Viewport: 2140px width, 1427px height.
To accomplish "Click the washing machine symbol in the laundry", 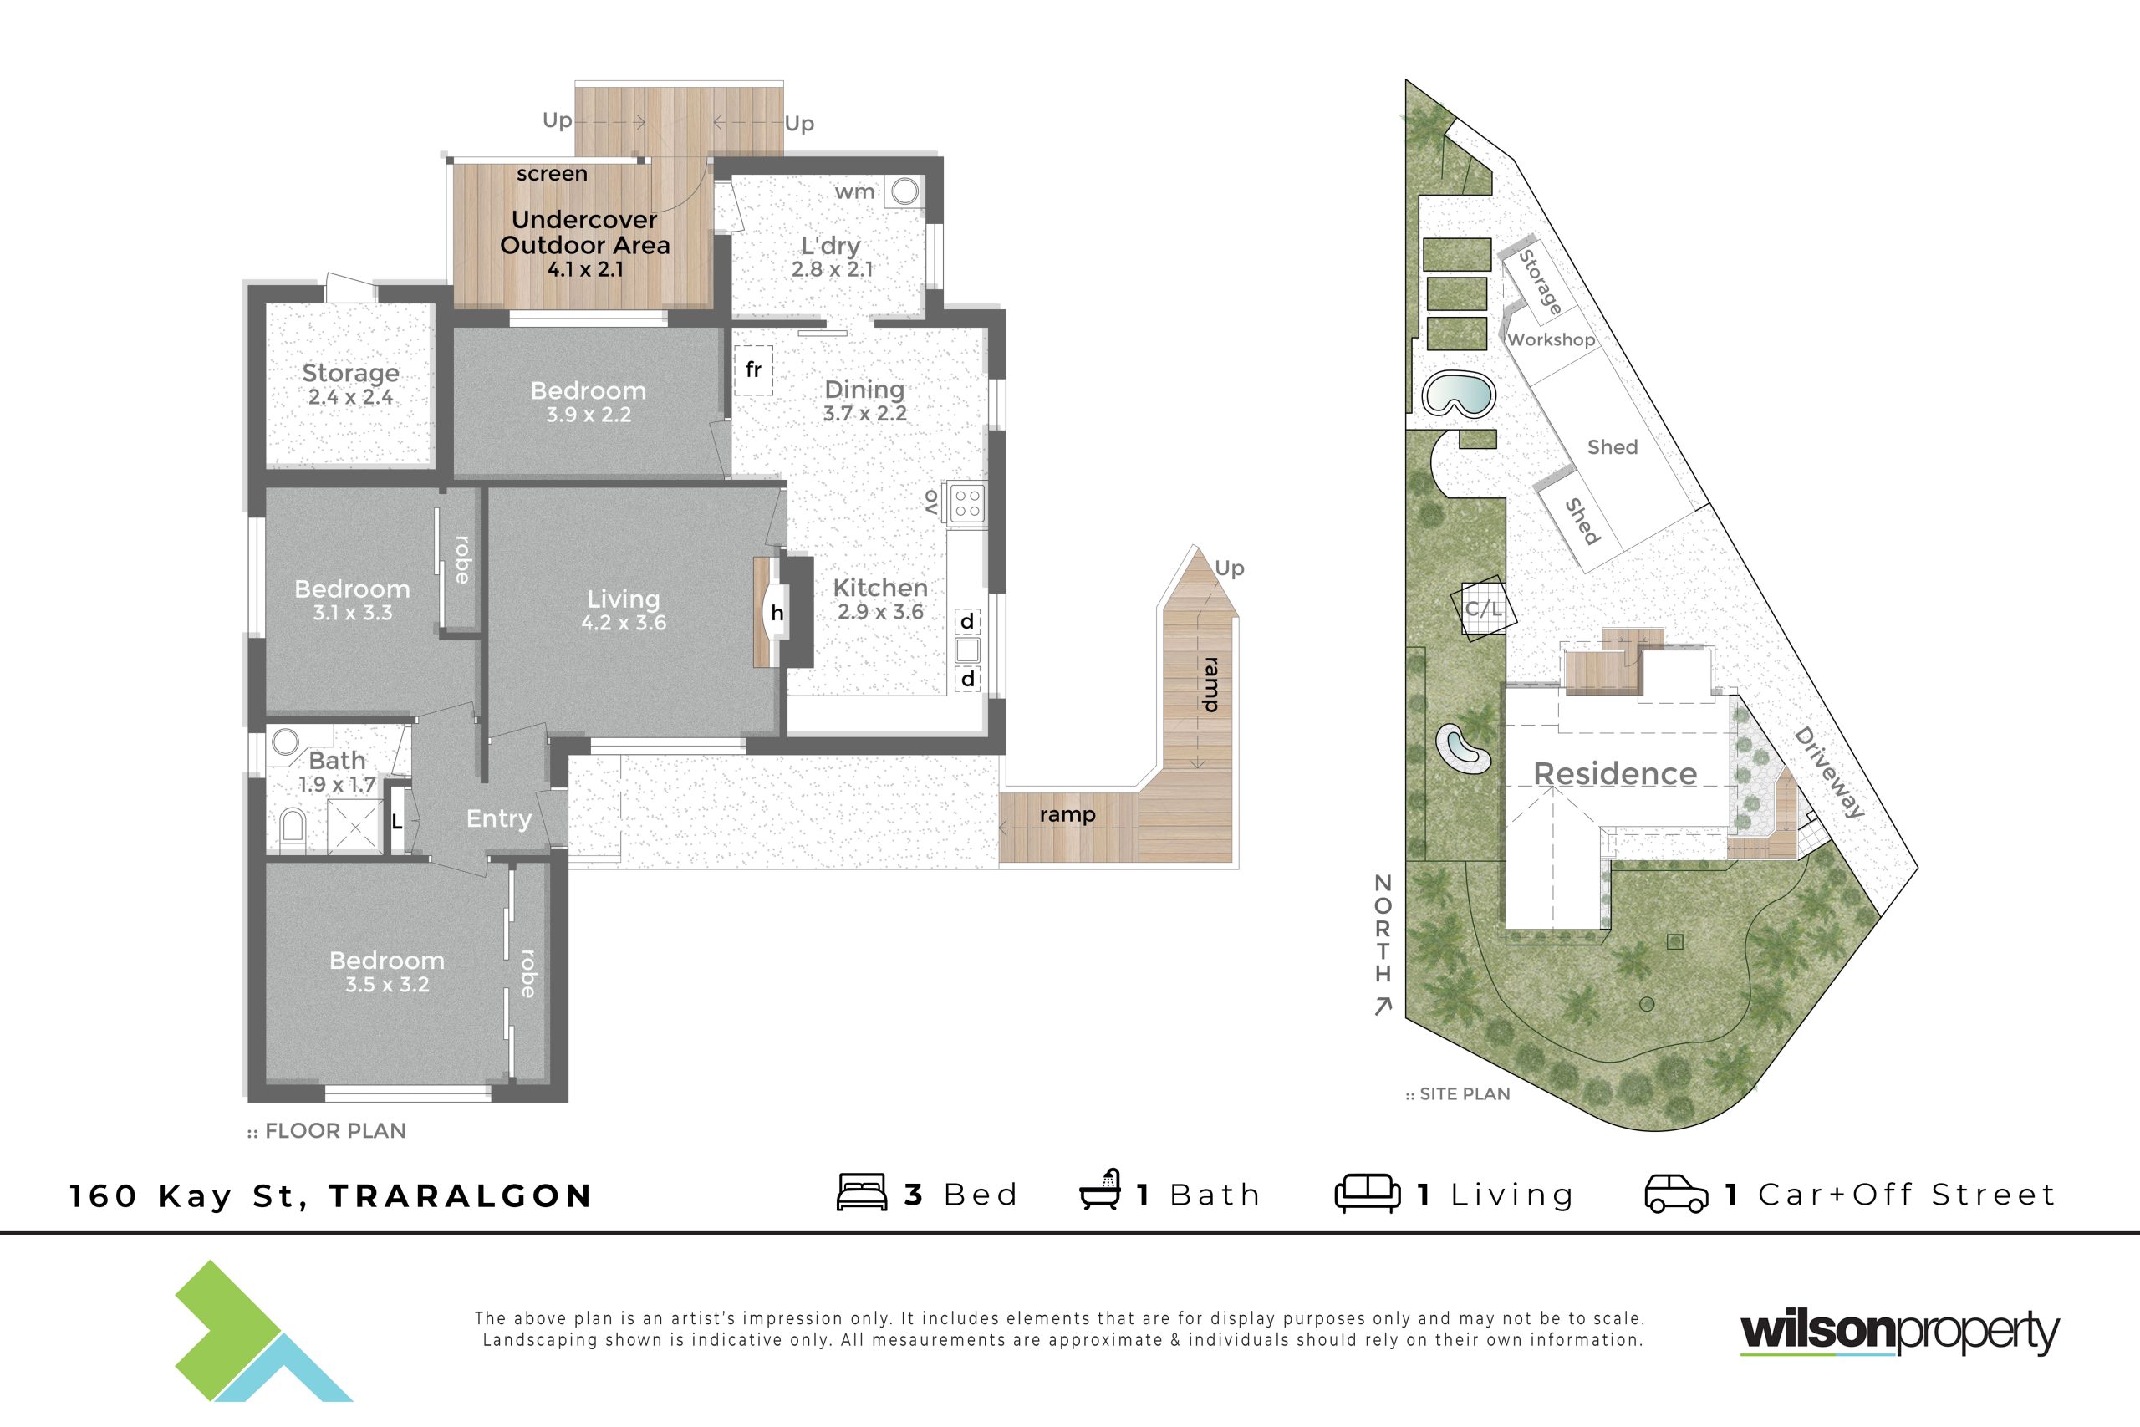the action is (904, 191).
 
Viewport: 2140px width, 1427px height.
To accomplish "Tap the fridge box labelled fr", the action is (753, 369).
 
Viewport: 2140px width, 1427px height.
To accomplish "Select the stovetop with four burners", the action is (967, 503).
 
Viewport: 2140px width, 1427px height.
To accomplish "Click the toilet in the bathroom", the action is (292, 828).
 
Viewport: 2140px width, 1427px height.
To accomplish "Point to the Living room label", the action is (624, 610).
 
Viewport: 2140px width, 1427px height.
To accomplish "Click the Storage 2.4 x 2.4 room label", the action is (350, 384).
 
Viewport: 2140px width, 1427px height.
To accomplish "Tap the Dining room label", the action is (864, 400).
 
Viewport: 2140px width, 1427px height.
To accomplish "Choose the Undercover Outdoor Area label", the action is (585, 244).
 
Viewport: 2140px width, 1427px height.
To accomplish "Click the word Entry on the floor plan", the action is (498, 819).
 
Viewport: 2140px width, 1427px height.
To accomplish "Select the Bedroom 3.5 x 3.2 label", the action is (387, 972).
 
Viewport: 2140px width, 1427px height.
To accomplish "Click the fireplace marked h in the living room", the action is (776, 613).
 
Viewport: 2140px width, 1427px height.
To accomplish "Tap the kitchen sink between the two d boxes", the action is (967, 650).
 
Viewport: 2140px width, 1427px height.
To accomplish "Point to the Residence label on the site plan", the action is (1615, 773).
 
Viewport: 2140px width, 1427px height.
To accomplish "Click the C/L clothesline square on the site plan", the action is (1483, 608).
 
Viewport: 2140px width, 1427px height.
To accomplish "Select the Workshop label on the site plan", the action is (1551, 339).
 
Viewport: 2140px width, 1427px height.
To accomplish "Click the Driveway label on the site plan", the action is (1829, 772).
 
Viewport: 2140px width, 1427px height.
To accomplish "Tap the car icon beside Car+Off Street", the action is (1676, 1194).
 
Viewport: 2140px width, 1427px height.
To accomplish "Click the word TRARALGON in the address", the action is (461, 1195).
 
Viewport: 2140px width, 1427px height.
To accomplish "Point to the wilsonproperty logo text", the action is (1900, 1332).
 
